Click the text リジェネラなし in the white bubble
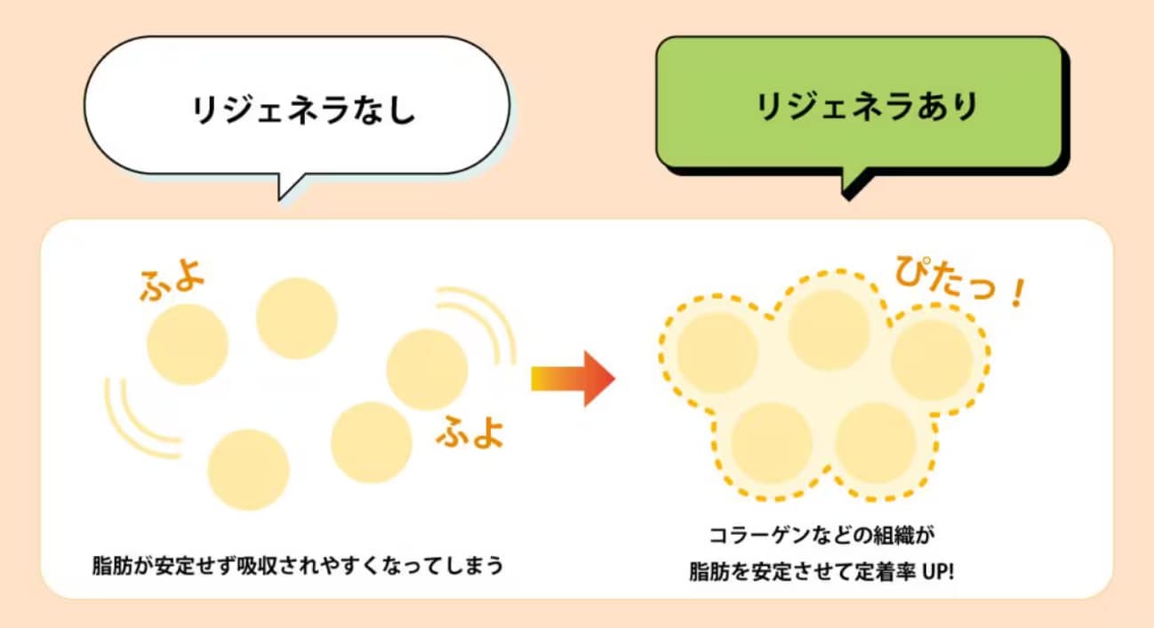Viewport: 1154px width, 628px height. point(303,109)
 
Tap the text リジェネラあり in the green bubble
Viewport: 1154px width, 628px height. point(867,107)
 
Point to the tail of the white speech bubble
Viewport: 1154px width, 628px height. point(287,187)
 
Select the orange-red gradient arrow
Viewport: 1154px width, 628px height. point(573,379)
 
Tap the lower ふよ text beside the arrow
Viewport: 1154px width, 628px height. point(469,431)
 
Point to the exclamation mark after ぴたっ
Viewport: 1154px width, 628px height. point(1019,294)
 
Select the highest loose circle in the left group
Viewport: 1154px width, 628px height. point(297,318)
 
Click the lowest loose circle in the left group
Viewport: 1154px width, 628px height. point(248,470)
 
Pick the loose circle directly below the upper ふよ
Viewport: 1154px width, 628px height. point(188,344)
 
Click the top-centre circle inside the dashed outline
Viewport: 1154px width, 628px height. point(829,330)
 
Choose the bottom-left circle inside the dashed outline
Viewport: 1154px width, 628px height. point(771,443)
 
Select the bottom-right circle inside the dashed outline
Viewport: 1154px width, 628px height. point(876,443)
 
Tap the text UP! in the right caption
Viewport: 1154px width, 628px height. point(938,572)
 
